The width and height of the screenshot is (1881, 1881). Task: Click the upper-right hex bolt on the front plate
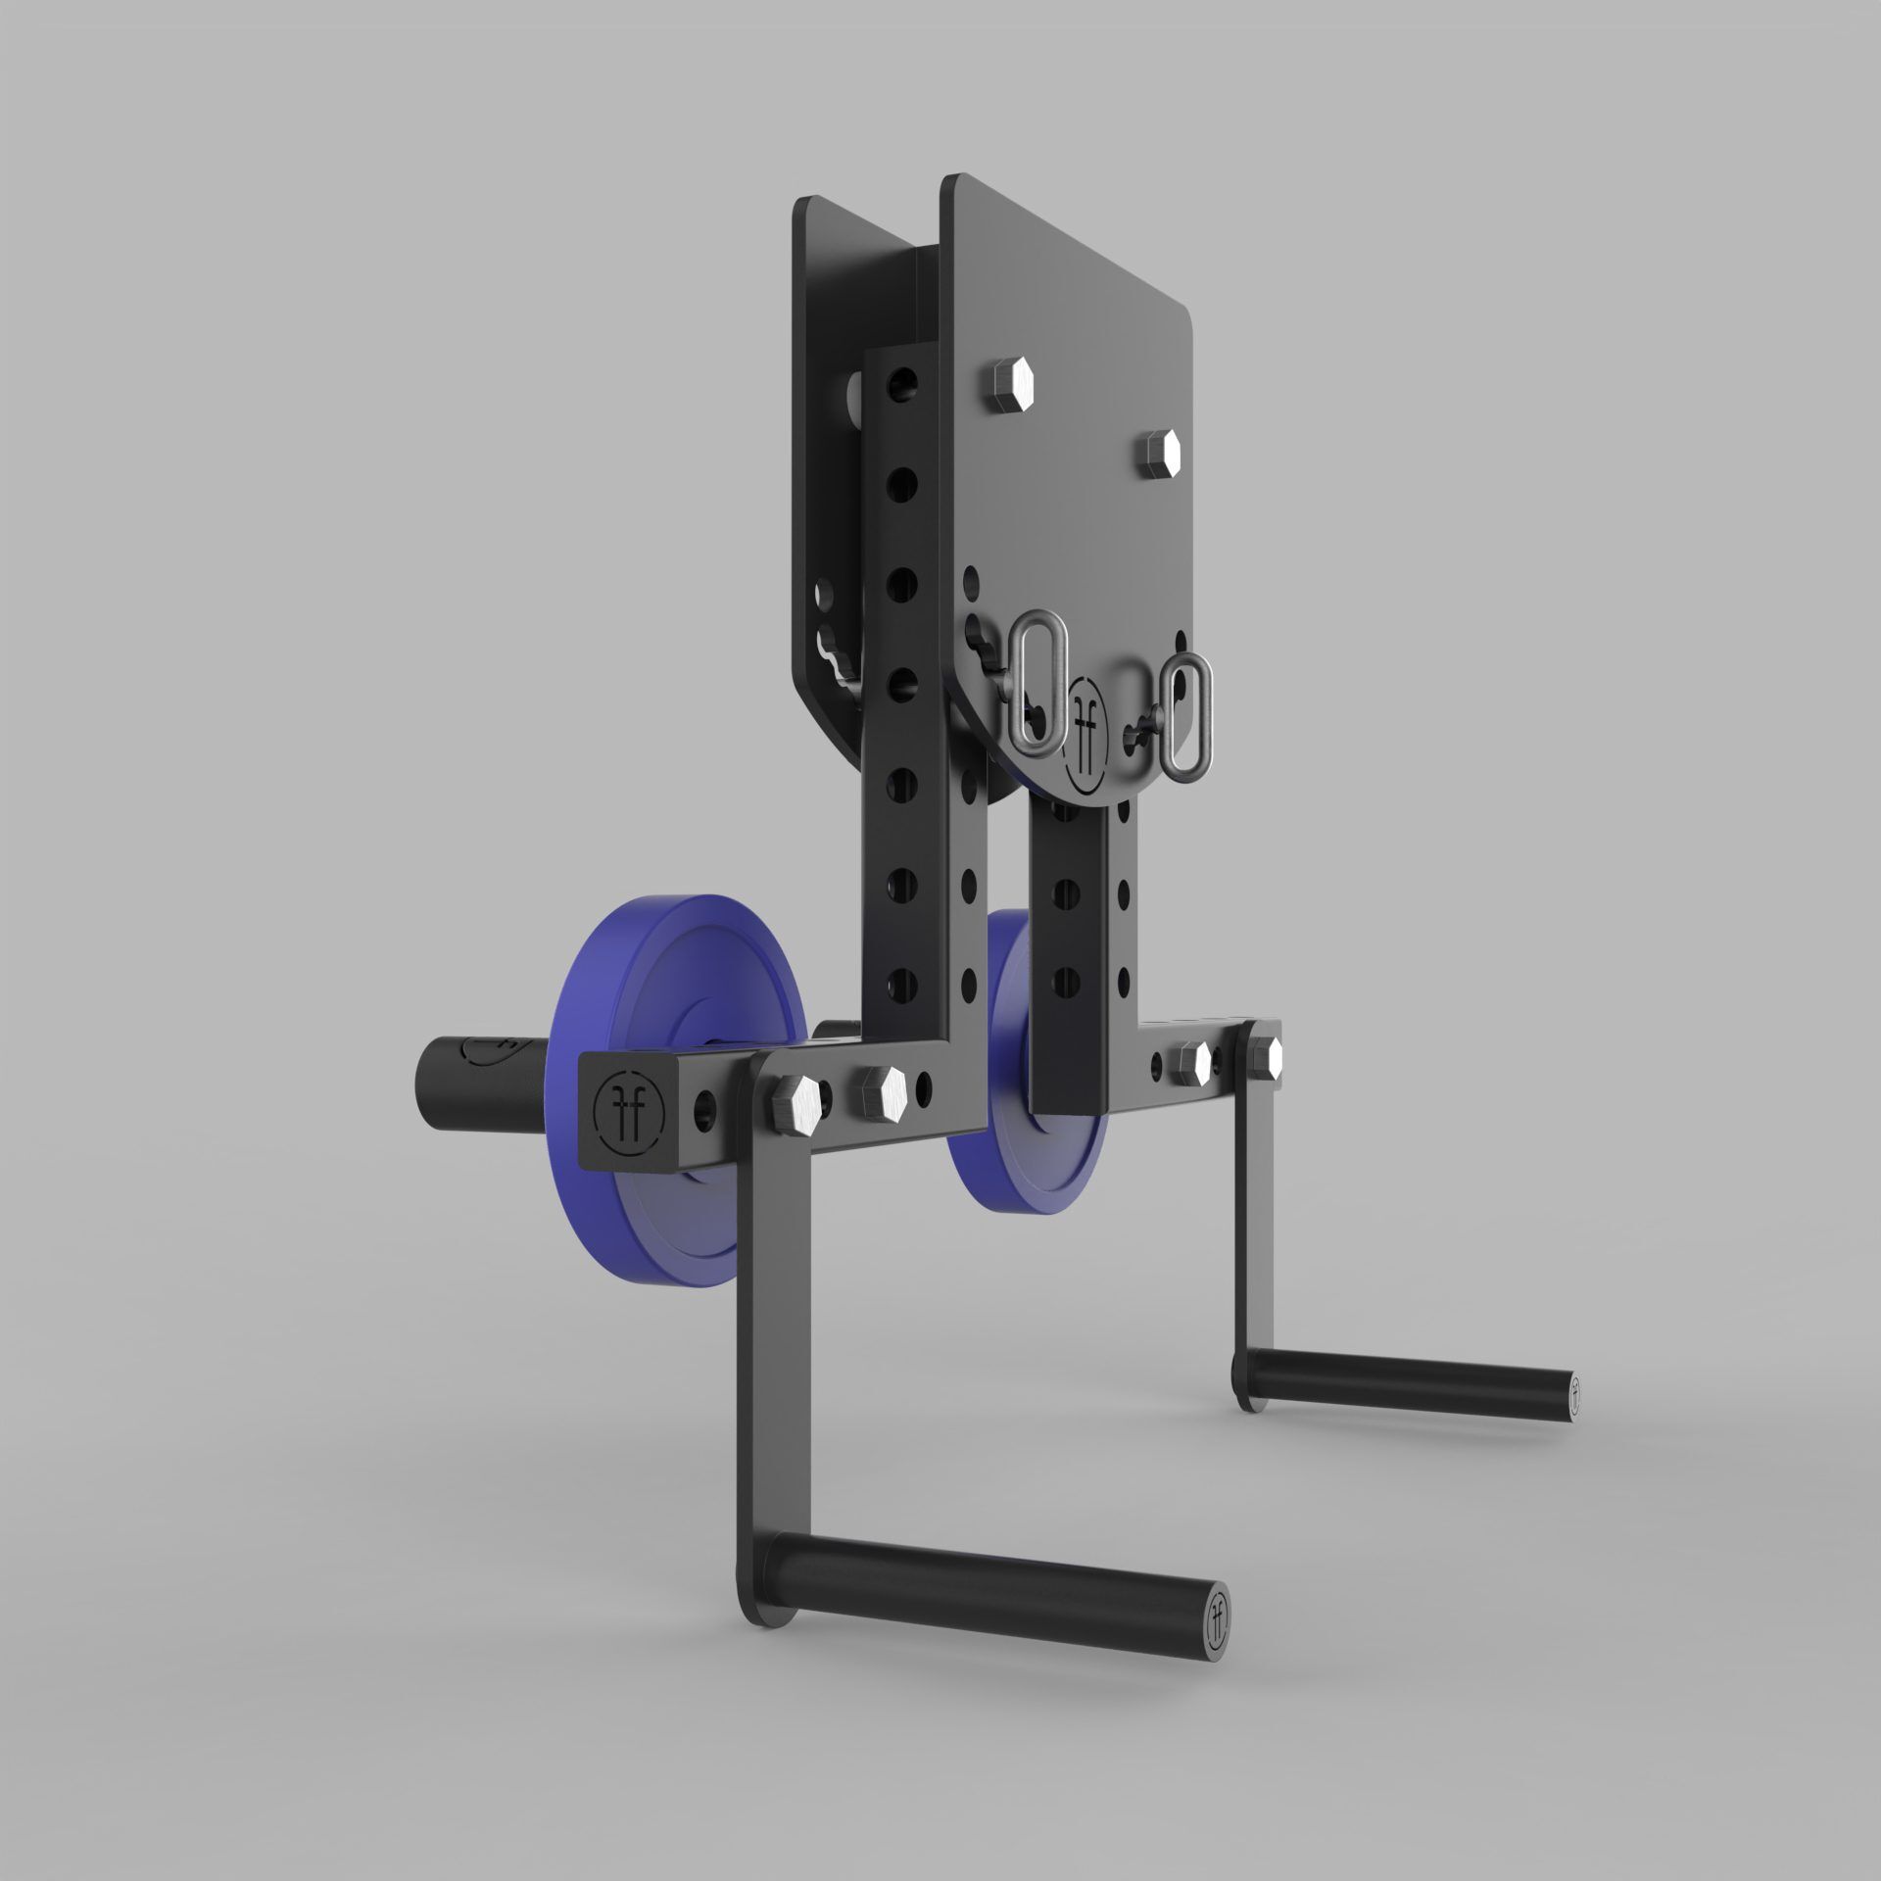click(1159, 453)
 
